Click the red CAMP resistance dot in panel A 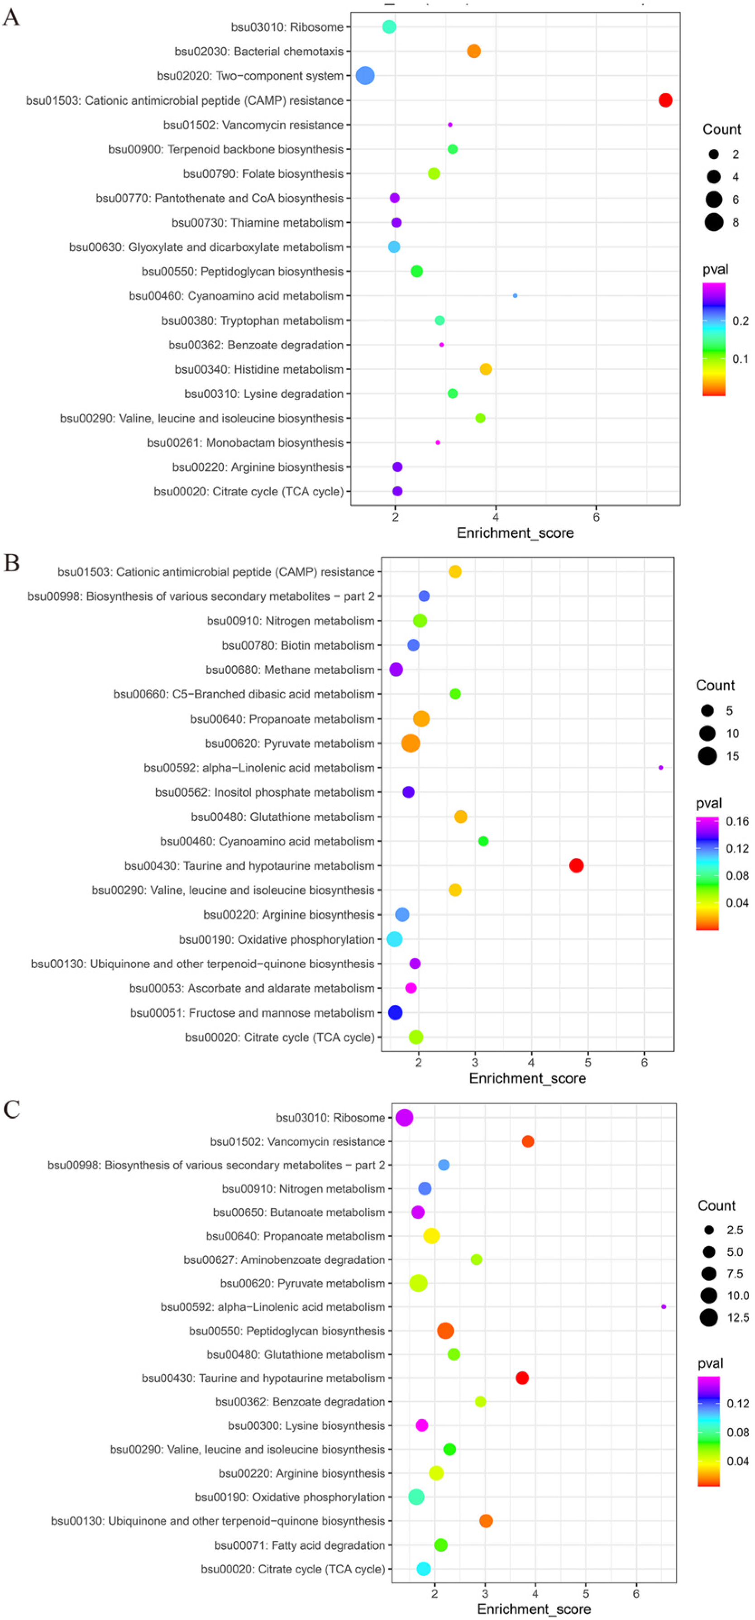pos(665,100)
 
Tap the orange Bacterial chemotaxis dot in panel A pos(474,51)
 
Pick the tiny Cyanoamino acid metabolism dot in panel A pos(515,295)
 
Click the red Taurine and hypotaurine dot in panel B pos(576,865)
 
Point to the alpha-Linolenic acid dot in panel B pos(661,767)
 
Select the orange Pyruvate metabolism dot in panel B pos(410,743)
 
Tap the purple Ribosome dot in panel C pos(405,1117)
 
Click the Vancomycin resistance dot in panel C pos(528,1141)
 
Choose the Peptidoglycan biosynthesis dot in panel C pos(445,1331)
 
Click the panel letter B pos(11,563)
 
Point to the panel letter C pos(11,1109)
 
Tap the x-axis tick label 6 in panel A pos(596,517)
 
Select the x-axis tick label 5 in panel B pos(588,1063)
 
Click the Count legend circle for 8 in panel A pos(713,222)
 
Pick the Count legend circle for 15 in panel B pos(707,756)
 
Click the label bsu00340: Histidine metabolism pos(259,369)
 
